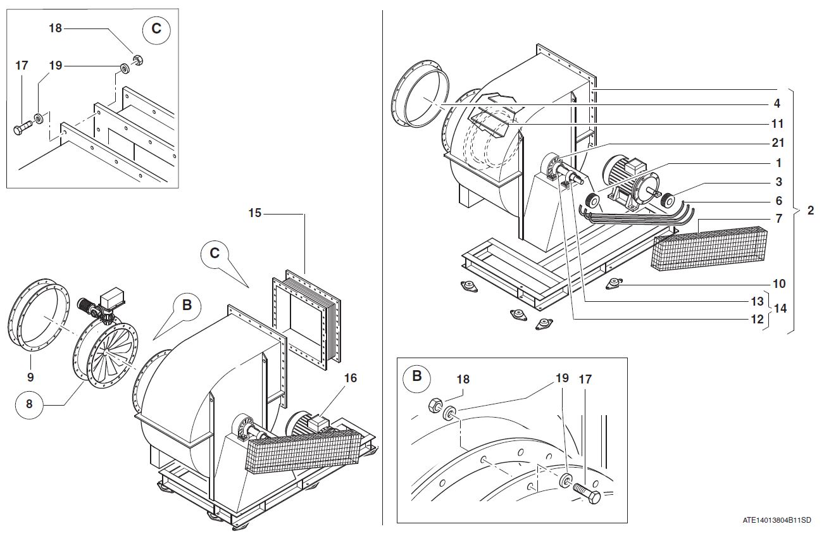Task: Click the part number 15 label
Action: pos(254,213)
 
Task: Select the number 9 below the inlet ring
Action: pos(30,377)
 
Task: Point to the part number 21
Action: pos(778,143)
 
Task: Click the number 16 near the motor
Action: pos(350,378)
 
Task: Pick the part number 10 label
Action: pos(778,284)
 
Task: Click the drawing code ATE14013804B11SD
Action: pos(777,520)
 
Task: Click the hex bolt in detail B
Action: pos(587,490)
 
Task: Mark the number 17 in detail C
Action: pos(22,65)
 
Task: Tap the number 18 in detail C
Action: pos(56,28)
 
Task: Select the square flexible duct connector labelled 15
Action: pos(306,316)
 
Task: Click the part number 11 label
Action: pos(778,123)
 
